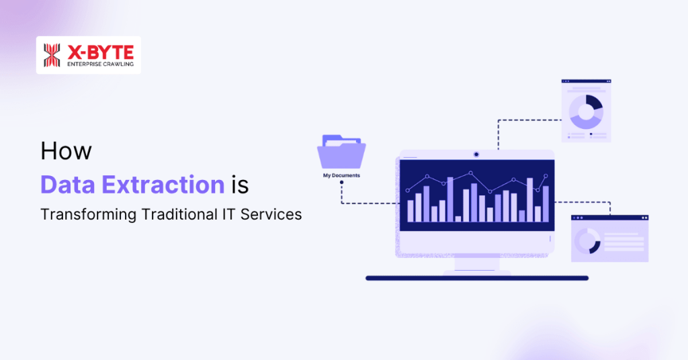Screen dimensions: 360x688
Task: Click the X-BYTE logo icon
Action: coord(52,55)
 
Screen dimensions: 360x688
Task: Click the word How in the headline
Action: coord(65,151)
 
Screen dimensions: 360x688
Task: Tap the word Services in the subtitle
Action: coord(276,215)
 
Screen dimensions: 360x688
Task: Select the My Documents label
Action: coord(341,175)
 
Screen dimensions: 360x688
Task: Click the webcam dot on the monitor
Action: coord(476,154)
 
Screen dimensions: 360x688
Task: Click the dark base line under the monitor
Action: coord(476,278)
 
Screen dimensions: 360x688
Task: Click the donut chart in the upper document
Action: coord(586,111)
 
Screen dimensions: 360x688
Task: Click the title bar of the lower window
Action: coord(609,219)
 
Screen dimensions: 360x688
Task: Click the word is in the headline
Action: coord(240,183)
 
